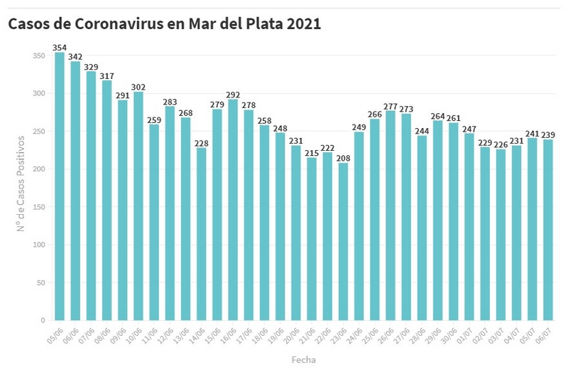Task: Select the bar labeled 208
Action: pyautogui.click(x=342, y=242)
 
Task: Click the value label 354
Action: pyautogui.click(x=60, y=48)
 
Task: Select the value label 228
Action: pyautogui.click(x=201, y=143)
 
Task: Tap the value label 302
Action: pyautogui.click(x=138, y=87)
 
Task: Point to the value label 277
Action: pyautogui.click(x=390, y=106)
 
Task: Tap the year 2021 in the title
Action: pyautogui.click(x=305, y=24)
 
